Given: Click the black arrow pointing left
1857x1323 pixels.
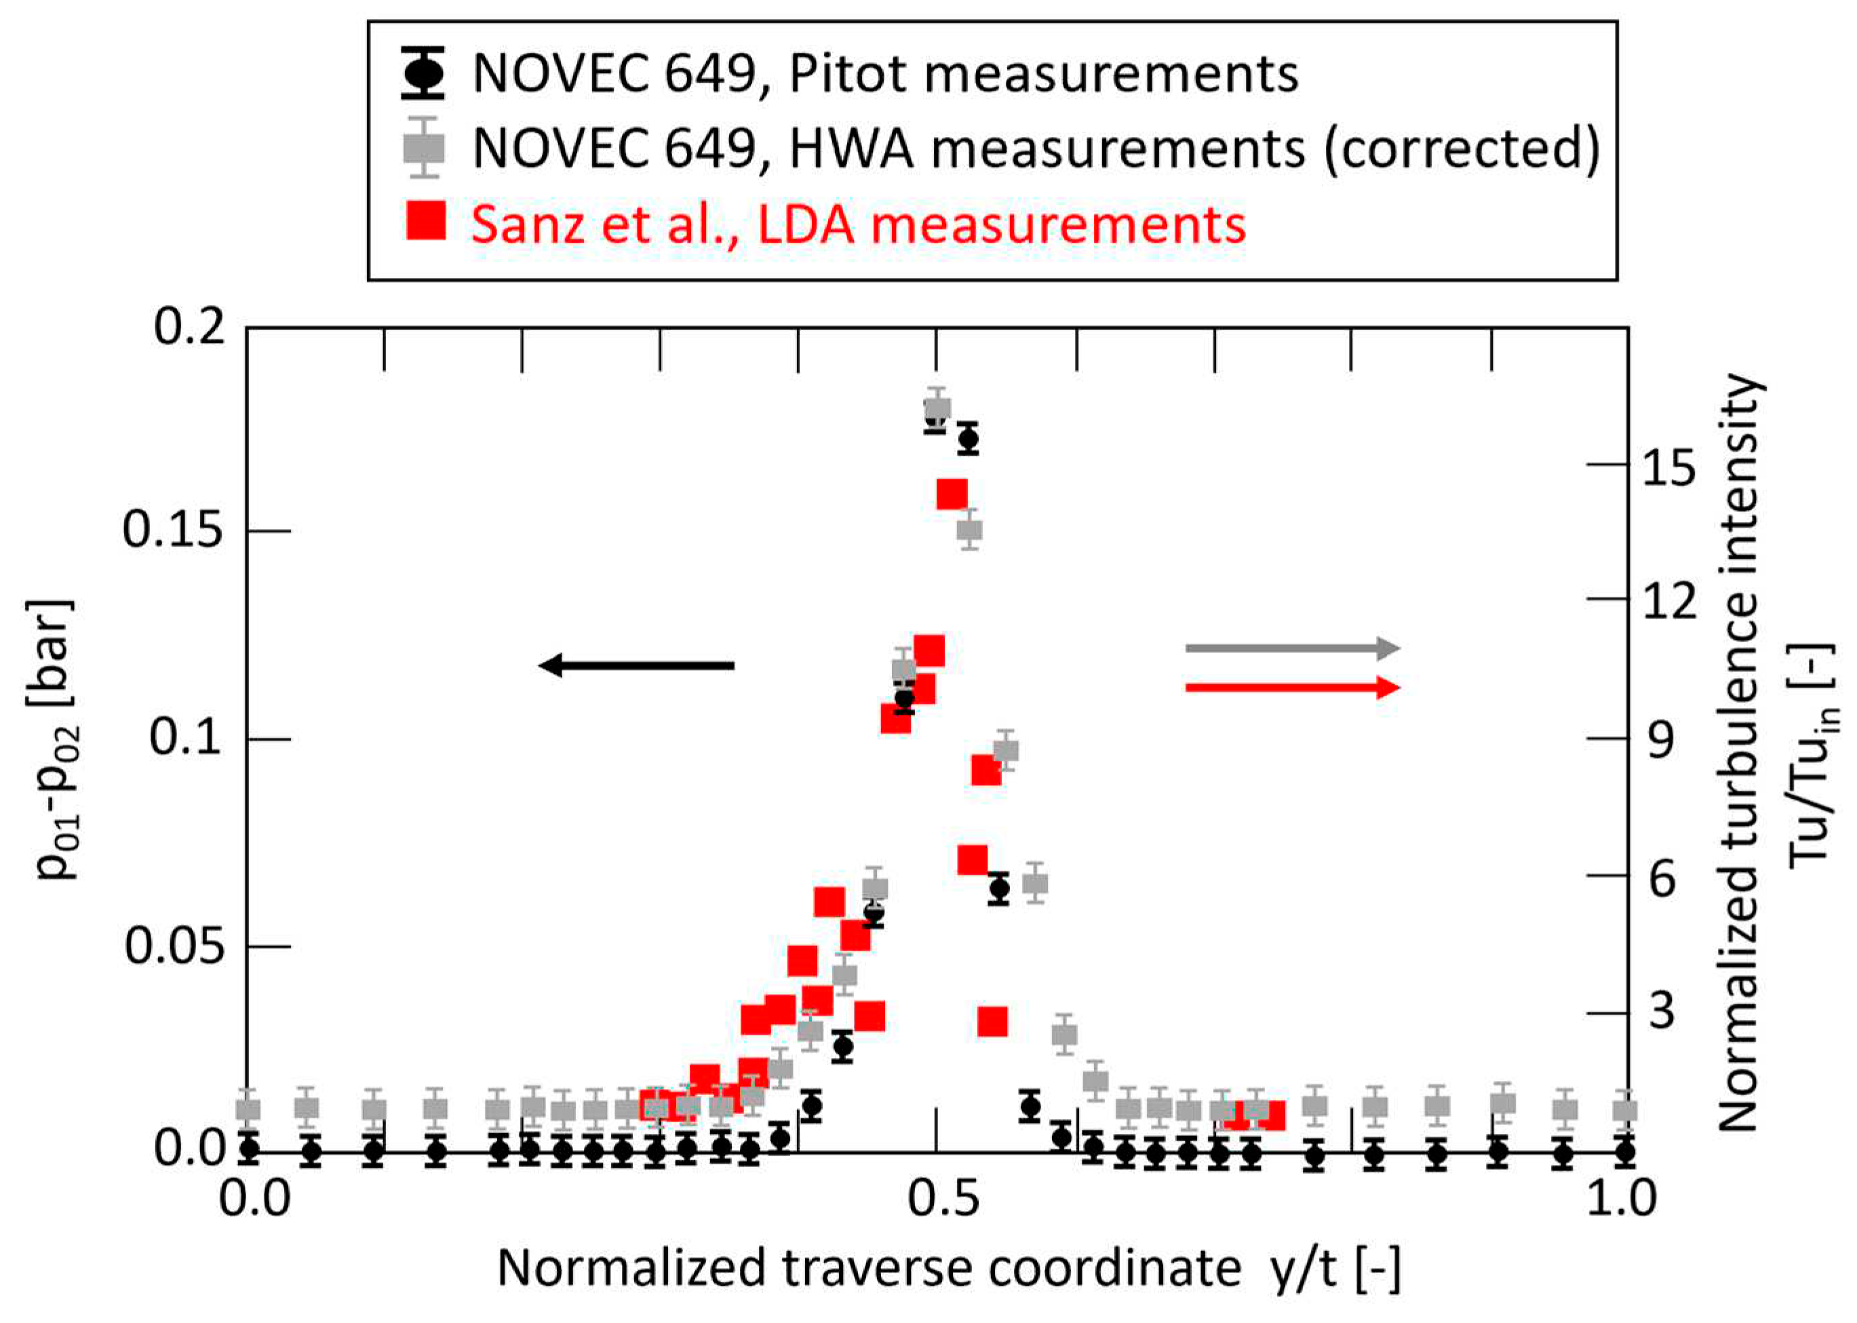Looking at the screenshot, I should (636, 666).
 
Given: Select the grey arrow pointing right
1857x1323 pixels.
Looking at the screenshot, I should (1292, 648).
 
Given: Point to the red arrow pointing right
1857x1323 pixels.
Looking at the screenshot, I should (1292, 688).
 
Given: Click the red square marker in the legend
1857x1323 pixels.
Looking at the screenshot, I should (425, 222).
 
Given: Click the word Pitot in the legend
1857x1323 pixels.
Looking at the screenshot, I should (847, 75).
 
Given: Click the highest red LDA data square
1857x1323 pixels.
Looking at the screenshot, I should (952, 494).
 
